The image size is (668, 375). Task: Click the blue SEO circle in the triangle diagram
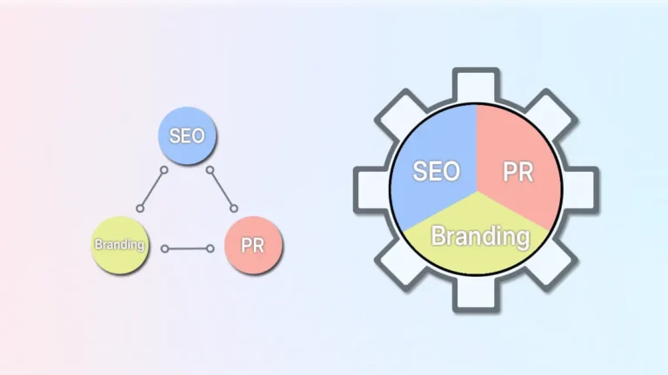[x=187, y=135]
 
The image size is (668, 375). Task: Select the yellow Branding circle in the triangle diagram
[x=118, y=244]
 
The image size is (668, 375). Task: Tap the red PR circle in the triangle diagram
[x=253, y=245]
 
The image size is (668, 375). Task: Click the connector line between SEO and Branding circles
[x=152, y=188]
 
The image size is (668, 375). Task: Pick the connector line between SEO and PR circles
[x=222, y=187]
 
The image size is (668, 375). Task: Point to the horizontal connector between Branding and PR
[x=187, y=248]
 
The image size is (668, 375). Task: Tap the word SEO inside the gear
[x=436, y=171]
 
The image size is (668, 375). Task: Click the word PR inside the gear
[x=518, y=171]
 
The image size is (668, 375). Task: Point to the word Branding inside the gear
[x=480, y=235]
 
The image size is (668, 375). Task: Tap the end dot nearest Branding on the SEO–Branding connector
[x=140, y=208]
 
